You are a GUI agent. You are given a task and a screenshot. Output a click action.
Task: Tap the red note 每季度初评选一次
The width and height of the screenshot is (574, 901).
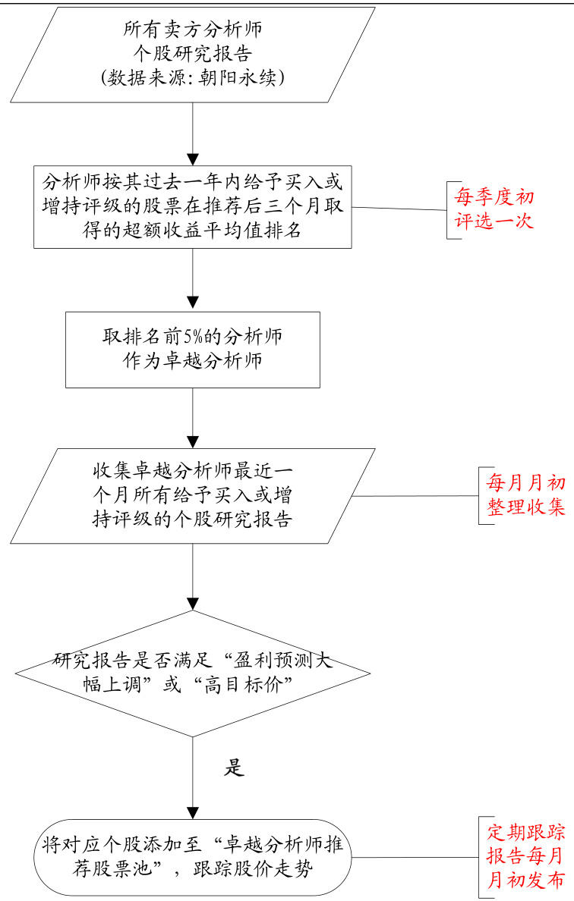click(x=494, y=209)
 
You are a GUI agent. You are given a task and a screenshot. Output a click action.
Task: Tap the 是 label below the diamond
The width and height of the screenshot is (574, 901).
click(x=234, y=767)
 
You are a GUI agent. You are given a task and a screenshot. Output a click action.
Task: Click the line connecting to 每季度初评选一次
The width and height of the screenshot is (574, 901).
click(x=399, y=209)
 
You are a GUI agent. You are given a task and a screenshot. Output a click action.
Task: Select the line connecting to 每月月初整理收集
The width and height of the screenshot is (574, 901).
click(x=418, y=496)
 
